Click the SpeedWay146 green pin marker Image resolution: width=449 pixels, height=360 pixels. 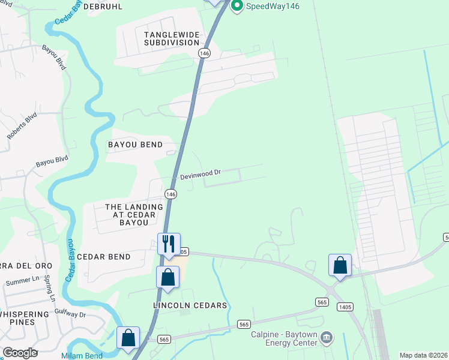point(237,7)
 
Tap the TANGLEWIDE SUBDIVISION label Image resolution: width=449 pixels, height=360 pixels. point(171,38)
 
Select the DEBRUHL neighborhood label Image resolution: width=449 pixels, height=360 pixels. point(103,7)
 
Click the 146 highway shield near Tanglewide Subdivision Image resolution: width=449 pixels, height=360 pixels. point(205,53)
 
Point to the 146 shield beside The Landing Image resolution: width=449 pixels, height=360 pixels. point(171,194)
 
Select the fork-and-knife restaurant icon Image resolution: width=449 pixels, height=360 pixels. point(168,243)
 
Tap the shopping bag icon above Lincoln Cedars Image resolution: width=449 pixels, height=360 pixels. point(167,277)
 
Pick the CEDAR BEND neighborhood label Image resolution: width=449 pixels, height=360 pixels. point(103,257)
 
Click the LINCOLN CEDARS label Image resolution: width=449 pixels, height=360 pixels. point(190,305)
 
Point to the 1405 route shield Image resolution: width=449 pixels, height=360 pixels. point(345,307)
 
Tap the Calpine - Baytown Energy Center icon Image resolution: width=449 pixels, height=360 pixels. point(326,337)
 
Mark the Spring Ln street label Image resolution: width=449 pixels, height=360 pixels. point(51,289)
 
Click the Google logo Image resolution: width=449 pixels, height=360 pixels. point(20,352)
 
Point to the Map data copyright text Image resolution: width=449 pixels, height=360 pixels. point(424,355)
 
